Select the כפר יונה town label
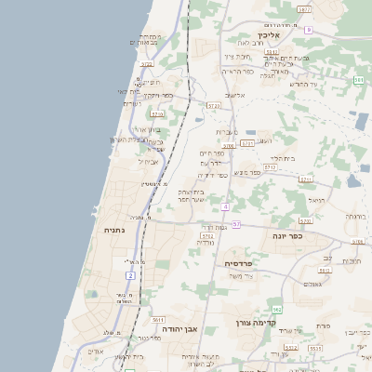pyautogui.click(x=310, y=236)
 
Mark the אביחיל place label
pyautogui.click(x=150, y=161)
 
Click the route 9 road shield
pyautogui.click(x=308, y=30)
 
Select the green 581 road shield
pyautogui.click(x=358, y=81)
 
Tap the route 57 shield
pyautogui.click(x=236, y=224)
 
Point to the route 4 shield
pyautogui.click(x=227, y=206)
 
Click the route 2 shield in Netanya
pyautogui.click(x=130, y=276)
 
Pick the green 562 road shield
pyautogui.click(x=276, y=309)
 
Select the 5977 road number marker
pyautogui.click(x=304, y=7)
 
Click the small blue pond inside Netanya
pyautogui.click(x=92, y=295)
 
